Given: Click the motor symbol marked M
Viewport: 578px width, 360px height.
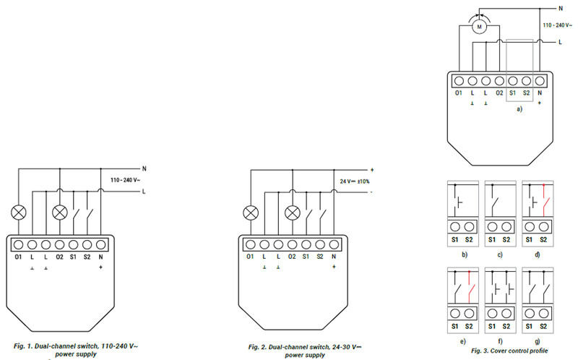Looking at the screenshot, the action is click(479, 27).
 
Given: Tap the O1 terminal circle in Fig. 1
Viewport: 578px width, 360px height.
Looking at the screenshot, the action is click(19, 244).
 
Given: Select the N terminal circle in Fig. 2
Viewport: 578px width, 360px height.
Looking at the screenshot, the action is click(334, 244).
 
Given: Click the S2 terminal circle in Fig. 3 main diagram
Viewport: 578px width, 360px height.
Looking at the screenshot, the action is click(527, 81).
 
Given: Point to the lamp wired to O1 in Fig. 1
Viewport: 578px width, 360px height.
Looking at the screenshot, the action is click(19, 213).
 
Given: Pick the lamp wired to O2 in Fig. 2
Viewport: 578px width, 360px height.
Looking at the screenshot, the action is click(293, 213).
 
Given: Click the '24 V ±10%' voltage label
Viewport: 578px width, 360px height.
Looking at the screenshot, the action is click(354, 181).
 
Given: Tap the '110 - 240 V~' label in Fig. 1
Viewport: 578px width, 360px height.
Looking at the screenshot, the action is click(125, 180).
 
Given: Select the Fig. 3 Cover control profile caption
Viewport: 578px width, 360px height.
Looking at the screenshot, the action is click(509, 351).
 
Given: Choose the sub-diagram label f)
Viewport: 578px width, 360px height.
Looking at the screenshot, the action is click(500, 341).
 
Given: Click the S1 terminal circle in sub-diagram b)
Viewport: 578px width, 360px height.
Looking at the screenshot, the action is click(455, 226).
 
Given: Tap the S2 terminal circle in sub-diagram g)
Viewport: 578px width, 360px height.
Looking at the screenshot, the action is click(544, 314).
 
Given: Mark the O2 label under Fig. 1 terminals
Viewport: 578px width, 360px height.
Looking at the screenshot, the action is click(59, 257).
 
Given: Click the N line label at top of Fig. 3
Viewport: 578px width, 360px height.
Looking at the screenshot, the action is click(561, 9).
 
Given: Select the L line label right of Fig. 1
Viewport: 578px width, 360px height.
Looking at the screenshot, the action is click(144, 192).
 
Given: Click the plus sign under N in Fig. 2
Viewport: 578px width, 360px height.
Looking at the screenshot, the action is click(334, 267).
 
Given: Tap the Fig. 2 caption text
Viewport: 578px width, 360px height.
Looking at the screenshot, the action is click(305, 351).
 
